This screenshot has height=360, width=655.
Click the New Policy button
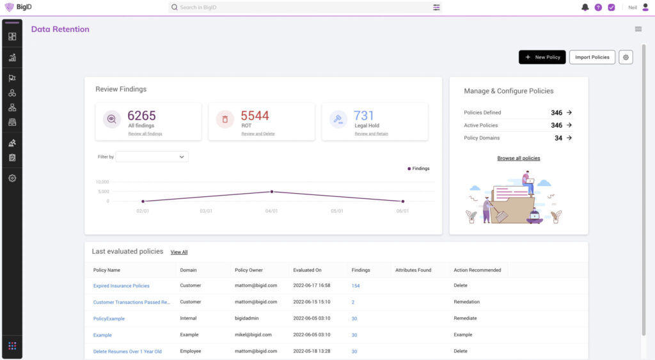[x=542, y=57]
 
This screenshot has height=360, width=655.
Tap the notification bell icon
[x=585, y=8]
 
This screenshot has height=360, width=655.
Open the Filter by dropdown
[x=152, y=157]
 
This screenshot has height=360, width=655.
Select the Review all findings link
[x=145, y=134]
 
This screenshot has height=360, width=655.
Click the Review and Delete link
[x=256, y=134]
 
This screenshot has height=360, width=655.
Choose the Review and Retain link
[x=371, y=134]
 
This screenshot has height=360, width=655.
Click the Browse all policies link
[x=518, y=158]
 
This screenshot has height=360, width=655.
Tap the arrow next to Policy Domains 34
[x=569, y=137]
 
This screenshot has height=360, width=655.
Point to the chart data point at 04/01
[x=272, y=191]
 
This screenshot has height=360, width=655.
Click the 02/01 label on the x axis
[x=142, y=211]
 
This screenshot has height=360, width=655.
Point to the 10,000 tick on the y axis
[x=102, y=182]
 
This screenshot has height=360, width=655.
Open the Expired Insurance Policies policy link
[x=121, y=286]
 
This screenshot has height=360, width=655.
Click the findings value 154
[x=356, y=286]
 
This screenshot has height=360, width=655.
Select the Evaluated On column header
[x=307, y=270]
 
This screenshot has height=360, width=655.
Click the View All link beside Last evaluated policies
[x=179, y=252]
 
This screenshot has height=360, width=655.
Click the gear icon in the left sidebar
[x=12, y=178]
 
